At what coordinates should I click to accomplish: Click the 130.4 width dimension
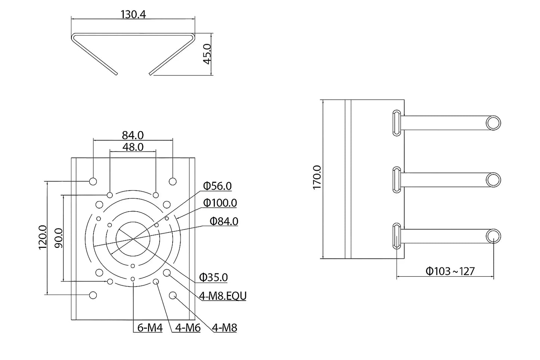point(133,15)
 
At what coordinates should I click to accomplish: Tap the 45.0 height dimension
point(207,54)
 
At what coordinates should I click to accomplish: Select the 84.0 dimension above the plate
point(133,135)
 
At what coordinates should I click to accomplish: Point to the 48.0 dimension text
point(133,147)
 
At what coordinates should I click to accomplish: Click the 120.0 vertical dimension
point(43,237)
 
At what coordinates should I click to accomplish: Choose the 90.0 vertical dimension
point(59,238)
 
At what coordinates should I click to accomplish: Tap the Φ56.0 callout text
point(217,186)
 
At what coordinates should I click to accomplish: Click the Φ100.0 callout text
point(220,203)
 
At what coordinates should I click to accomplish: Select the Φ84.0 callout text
point(224,221)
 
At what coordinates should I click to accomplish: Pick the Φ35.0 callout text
point(213,277)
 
